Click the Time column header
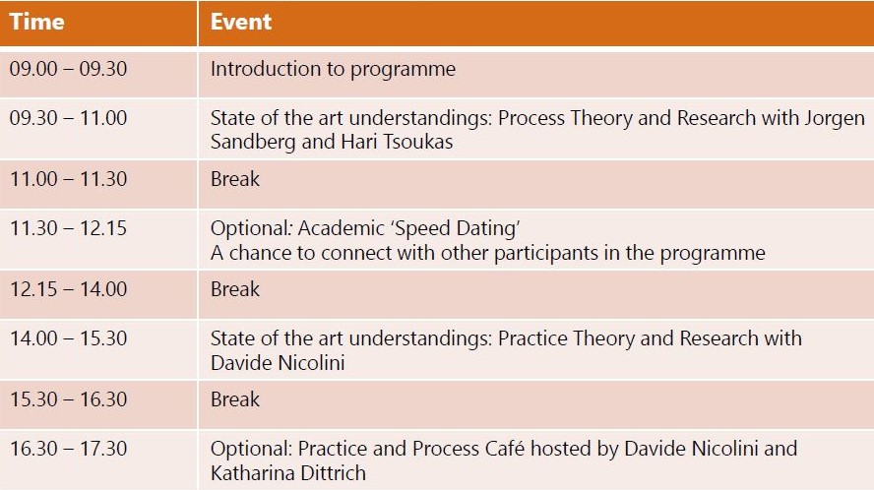(x=36, y=22)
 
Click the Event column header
(x=241, y=22)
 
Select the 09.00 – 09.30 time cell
(x=68, y=69)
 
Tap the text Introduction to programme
(x=333, y=69)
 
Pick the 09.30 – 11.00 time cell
(x=68, y=118)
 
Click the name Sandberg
(x=253, y=142)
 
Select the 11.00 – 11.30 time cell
(x=68, y=179)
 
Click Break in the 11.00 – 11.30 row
(x=234, y=179)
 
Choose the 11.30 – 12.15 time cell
(x=68, y=228)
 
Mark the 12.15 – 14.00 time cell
(x=68, y=288)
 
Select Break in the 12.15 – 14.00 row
(x=234, y=288)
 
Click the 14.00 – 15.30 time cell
(x=68, y=337)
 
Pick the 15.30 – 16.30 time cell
(x=68, y=399)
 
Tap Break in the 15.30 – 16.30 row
(x=234, y=399)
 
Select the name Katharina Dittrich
(x=288, y=473)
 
